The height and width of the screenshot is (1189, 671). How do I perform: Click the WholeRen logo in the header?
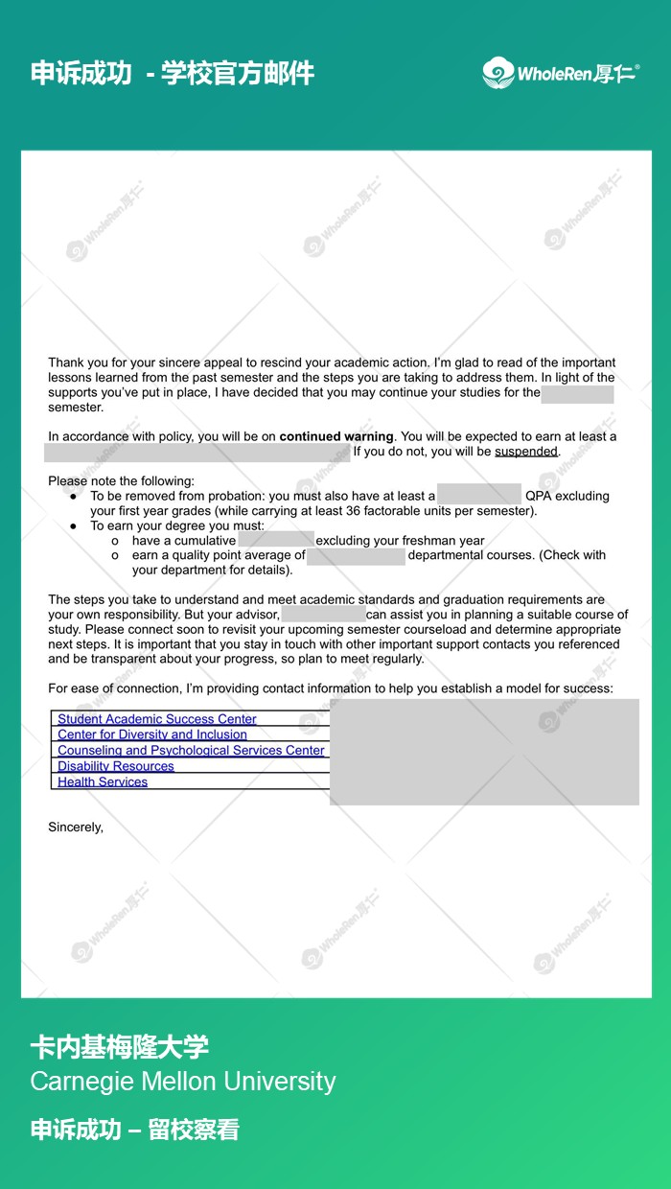point(560,73)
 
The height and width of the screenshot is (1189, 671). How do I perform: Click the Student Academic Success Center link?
point(157,719)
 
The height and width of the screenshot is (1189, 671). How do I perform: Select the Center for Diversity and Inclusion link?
point(152,734)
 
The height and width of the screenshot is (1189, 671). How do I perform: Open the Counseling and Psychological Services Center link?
point(191,751)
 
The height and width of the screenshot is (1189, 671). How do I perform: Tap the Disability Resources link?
point(116,766)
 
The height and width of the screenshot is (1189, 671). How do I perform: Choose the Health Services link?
point(103,782)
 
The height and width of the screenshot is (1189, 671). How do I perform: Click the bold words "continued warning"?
point(336,437)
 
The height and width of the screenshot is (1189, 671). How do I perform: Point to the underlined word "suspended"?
point(526,452)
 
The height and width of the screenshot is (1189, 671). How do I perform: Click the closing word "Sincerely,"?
point(76,827)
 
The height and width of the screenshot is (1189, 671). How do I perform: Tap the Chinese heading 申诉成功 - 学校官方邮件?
point(173,73)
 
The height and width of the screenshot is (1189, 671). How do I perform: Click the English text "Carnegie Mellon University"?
point(183,1082)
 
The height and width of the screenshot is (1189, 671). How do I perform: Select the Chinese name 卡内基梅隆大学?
point(119,1046)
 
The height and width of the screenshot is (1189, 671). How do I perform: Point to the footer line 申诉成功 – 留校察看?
point(134,1130)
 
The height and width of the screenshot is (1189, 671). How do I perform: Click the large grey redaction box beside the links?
point(484,752)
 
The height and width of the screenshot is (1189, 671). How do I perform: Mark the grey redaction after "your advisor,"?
point(323,615)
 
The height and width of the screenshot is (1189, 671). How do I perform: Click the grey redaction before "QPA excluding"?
point(478,496)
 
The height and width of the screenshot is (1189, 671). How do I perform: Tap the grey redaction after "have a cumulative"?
point(276,541)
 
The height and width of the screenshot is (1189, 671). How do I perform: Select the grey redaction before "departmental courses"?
point(356,555)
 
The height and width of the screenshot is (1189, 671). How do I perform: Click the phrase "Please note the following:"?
point(121,481)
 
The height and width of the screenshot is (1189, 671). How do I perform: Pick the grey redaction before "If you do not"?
point(197,452)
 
